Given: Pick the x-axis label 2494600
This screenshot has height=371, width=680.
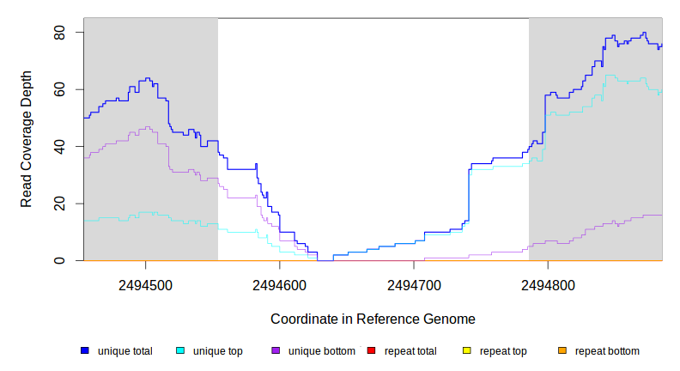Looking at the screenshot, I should click(x=280, y=284).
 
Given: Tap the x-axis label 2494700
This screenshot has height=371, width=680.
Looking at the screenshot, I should click(x=414, y=284).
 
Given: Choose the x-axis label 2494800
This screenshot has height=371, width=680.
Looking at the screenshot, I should click(x=549, y=284).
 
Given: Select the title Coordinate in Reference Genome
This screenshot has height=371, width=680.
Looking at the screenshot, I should click(x=373, y=319).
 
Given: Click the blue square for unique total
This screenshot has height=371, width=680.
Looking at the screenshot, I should click(x=85, y=351).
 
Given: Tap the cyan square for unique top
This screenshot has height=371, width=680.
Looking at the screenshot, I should click(x=180, y=351).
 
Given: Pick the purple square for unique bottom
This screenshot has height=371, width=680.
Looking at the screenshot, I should click(x=276, y=351).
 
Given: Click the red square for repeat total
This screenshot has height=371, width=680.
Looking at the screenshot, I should click(x=371, y=351).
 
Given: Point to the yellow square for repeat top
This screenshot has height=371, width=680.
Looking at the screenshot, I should click(x=467, y=351).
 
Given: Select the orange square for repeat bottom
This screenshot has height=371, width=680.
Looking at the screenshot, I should click(x=562, y=351).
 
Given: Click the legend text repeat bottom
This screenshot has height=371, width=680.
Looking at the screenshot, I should click(x=607, y=351).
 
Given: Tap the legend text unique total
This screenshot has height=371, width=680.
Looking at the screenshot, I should click(x=125, y=351).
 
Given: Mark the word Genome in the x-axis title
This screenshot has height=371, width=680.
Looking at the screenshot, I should click(x=449, y=319).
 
